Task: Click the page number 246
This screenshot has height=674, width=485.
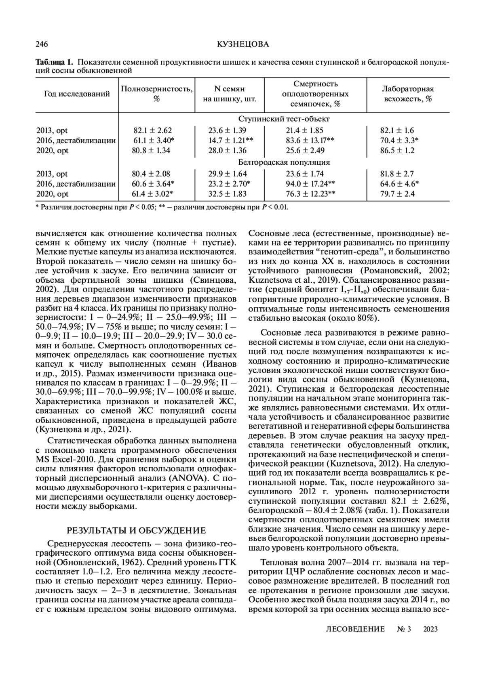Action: tap(42, 44)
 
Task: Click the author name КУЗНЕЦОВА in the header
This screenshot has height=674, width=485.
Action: tap(242, 44)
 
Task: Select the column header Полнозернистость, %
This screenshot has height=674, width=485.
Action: tap(157, 94)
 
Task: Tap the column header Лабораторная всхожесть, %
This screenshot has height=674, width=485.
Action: tap(408, 94)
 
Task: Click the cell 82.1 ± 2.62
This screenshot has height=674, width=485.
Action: tap(152, 130)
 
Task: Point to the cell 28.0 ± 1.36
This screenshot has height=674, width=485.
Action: tap(227, 151)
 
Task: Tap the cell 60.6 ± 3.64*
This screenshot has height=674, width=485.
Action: tap(153, 184)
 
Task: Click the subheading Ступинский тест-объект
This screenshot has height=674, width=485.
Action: tap(284, 119)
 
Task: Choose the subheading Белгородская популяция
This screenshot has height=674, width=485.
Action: tap(284, 162)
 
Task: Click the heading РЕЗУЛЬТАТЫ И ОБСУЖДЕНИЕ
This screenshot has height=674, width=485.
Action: tap(136, 530)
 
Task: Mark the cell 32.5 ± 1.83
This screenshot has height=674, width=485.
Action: tap(227, 194)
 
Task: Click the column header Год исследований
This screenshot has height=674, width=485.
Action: tap(77, 94)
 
